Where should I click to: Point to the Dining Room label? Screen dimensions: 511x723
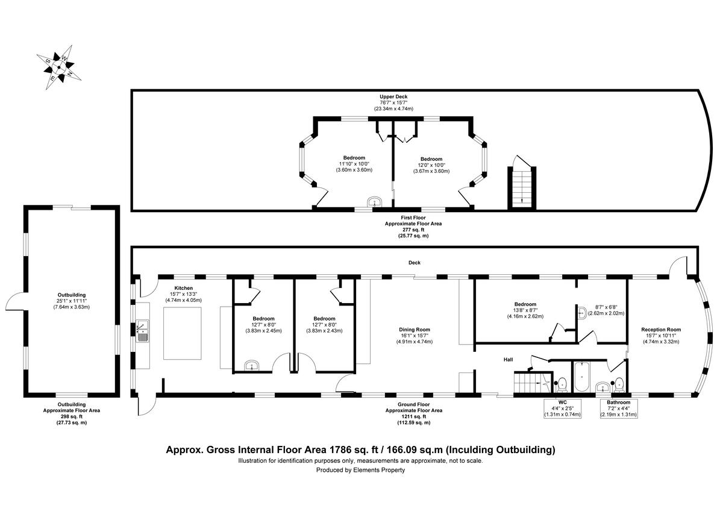pos(414,336)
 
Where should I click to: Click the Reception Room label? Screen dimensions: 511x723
pos(660,335)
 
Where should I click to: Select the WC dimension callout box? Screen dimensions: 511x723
pos(562,408)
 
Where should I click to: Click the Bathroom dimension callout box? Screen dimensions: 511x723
pos(618,408)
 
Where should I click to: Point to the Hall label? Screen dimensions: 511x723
pos(509,360)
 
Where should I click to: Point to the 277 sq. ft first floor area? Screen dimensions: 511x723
pos(414,230)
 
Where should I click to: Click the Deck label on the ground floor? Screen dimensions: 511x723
pos(414,263)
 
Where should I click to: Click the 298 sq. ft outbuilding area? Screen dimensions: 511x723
pos(72,416)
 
